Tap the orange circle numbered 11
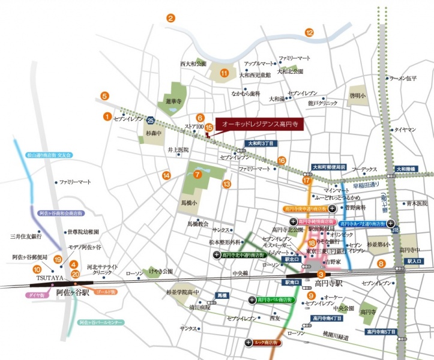(x=224, y=74)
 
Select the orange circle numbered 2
(x=170, y=18)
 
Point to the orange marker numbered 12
(x=309, y=32)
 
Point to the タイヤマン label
(x=405, y=129)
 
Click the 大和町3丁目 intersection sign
(x=261, y=144)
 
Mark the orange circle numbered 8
(x=380, y=263)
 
